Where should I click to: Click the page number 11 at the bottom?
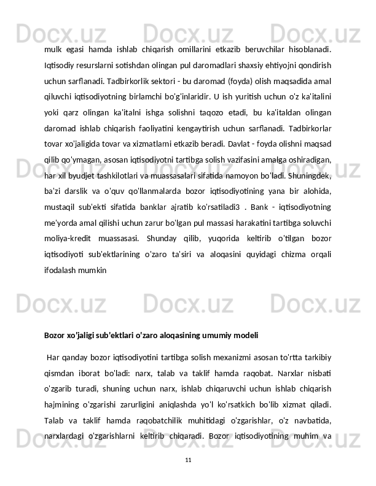tap(188, 459)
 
